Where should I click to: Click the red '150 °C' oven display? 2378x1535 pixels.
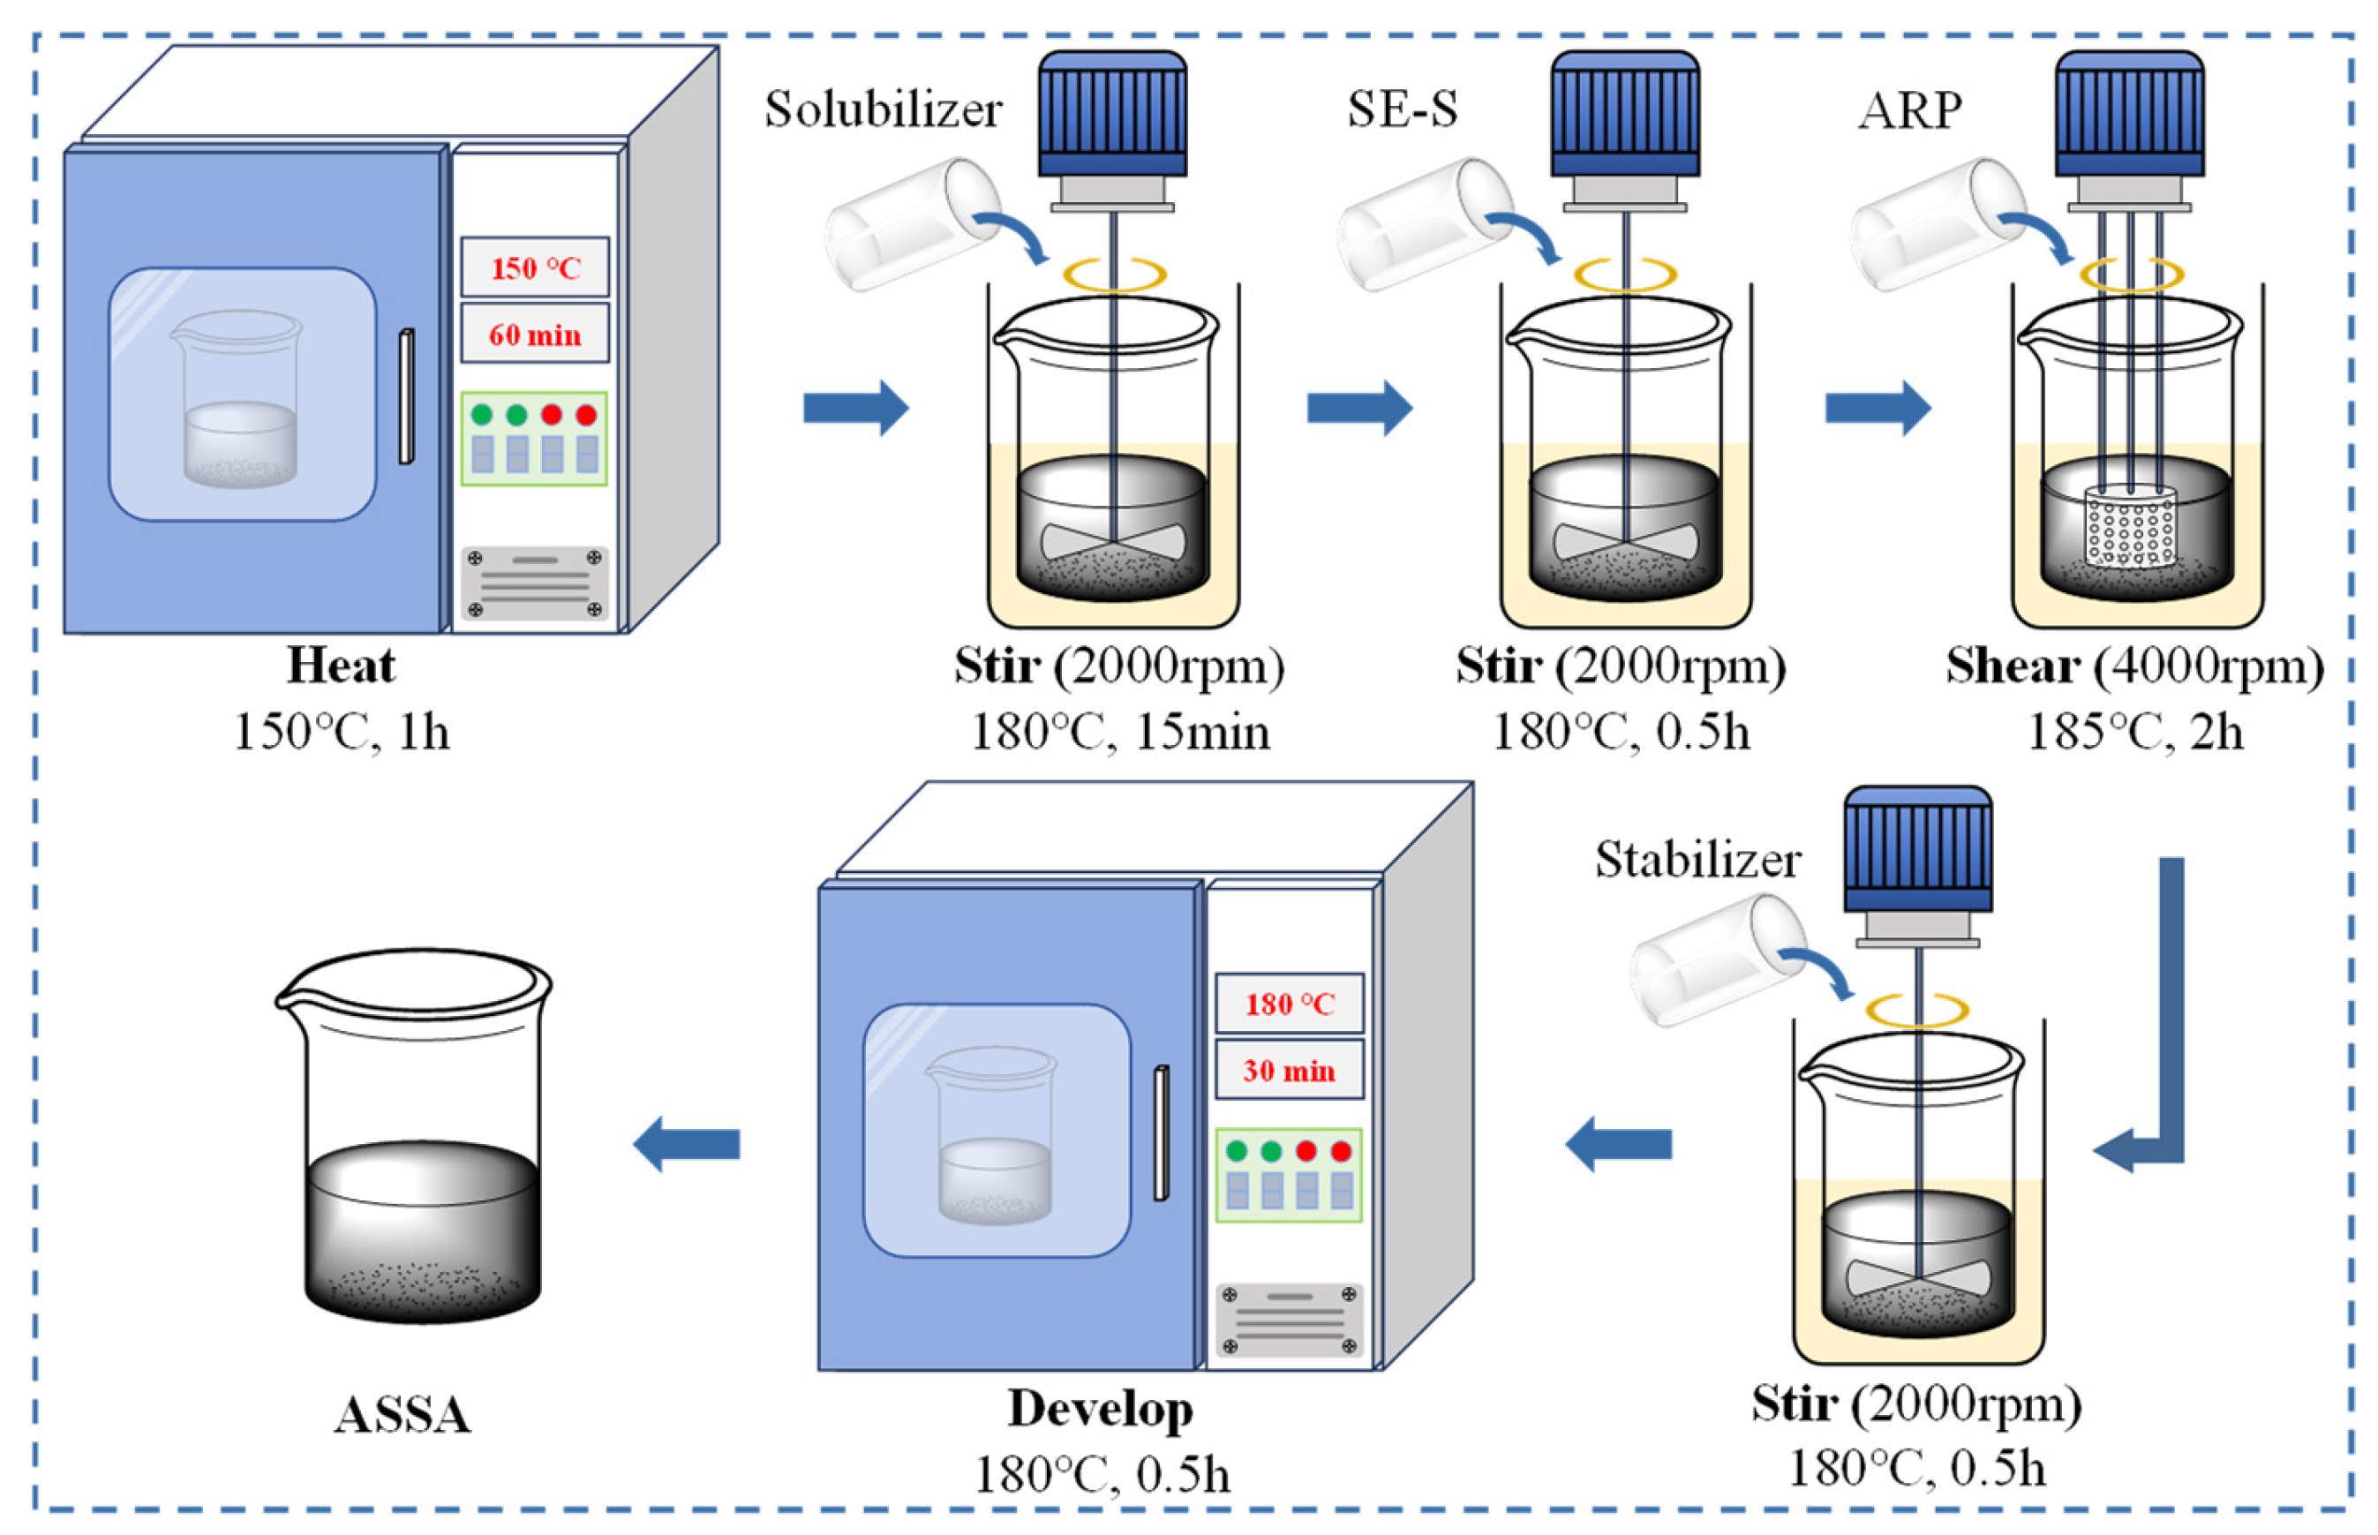pos(534,267)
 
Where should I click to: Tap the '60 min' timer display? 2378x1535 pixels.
pos(534,334)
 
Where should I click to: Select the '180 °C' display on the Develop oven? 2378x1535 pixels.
pos(1289,1003)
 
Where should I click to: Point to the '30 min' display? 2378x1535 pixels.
pos(1289,1070)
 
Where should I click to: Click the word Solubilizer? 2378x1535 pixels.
pos(882,109)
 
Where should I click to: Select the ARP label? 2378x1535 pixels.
pos(1908,110)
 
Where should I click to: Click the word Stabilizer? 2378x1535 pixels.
pos(1697,859)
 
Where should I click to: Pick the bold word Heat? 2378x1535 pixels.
pos(341,665)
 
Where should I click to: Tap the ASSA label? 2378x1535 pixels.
pos(402,1414)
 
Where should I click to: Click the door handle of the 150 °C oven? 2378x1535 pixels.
pos(406,395)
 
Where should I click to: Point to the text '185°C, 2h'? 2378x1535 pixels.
pos(2135,733)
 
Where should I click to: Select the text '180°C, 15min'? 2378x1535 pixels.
pos(1119,733)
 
